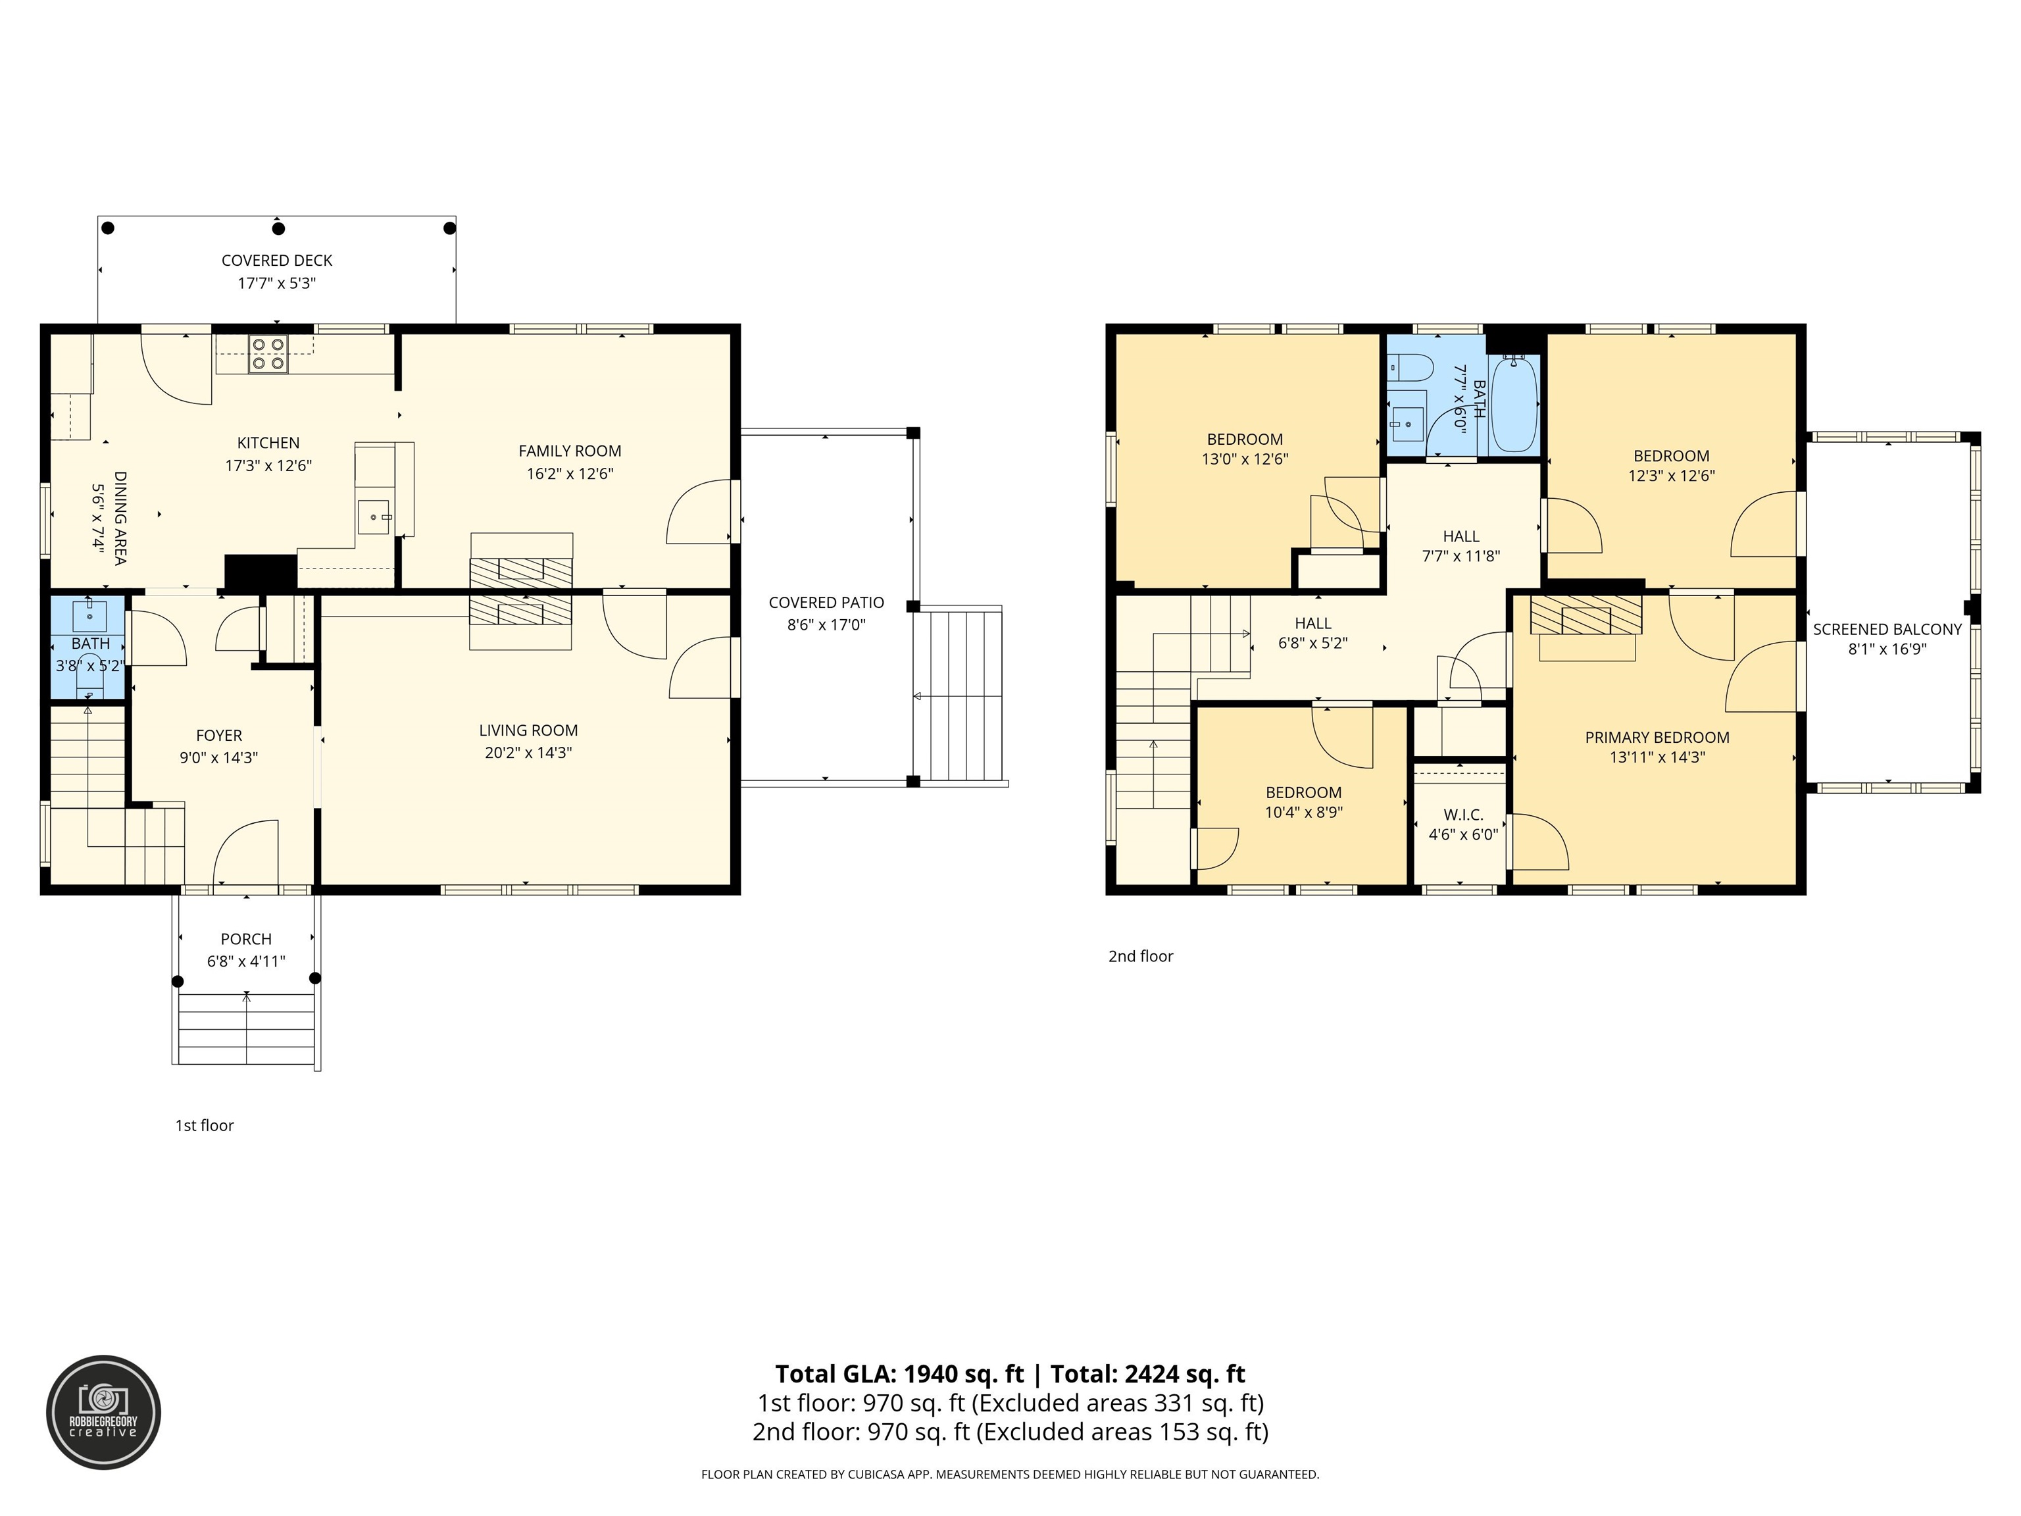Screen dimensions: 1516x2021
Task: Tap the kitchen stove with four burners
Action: click(x=268, y=353)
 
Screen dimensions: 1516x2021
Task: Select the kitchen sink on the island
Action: click(x=373, y=517)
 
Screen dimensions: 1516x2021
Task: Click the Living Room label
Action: click(x=528, y=730)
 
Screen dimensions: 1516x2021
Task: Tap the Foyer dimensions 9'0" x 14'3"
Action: click(x=218, y=757)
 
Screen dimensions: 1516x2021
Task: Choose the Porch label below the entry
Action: click(x=246, y=938)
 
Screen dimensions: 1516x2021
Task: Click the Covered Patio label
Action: click(x=826, y=602)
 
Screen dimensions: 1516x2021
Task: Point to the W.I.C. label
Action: click(x=1462, y=814)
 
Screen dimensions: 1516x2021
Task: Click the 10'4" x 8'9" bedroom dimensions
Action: click(x=1303, y=813)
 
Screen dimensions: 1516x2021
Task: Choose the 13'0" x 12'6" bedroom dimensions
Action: click(x=1245, y=460)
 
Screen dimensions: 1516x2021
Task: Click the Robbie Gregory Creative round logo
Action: click(x=103, y=1412)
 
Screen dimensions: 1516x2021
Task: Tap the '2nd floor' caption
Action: click(x=1140, y=956)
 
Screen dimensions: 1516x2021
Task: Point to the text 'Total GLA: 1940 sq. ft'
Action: click(x=899, y=1373)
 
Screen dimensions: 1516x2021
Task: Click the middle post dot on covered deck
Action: click(x=279, y=228)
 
